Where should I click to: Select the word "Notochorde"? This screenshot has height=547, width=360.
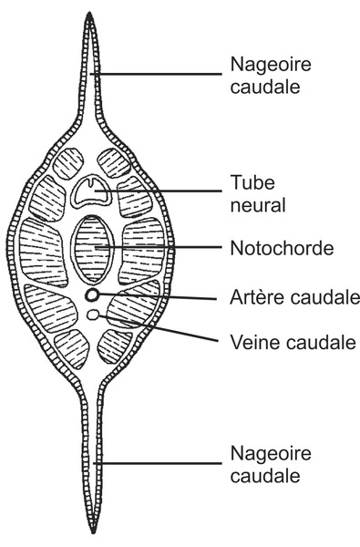[270, 247]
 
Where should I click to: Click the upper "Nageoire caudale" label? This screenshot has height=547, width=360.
[262, 74]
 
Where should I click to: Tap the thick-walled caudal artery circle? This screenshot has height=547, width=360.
[92, 296]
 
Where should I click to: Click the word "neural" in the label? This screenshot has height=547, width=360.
[252, 204]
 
